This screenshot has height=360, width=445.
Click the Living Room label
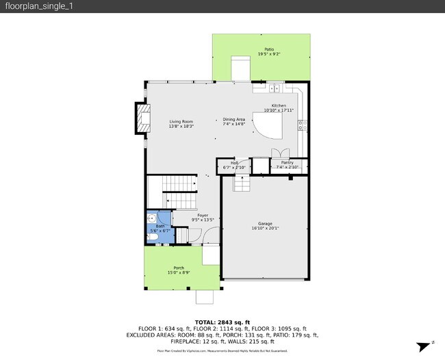181,122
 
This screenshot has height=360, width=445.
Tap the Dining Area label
233,120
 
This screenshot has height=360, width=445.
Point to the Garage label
264,224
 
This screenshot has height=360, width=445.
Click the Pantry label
288,162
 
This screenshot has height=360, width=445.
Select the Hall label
234,163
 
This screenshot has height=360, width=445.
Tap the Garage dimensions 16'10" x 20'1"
264,229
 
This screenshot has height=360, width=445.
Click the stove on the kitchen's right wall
302,125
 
